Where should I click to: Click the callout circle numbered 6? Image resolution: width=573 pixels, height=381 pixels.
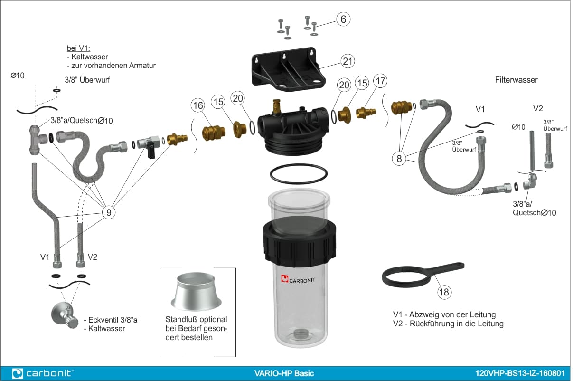343,19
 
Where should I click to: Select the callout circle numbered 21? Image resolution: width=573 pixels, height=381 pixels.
348,61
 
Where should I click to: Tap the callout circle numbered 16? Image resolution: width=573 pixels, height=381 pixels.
198,105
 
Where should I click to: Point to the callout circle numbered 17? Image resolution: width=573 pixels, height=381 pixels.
380,81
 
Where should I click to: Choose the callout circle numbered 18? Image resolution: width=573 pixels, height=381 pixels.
444,292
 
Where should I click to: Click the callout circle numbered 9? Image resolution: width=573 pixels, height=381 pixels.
109,212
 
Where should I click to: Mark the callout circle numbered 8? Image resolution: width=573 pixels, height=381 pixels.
399,159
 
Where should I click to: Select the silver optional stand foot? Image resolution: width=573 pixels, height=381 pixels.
196,292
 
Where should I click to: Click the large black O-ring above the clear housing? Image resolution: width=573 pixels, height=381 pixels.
299,174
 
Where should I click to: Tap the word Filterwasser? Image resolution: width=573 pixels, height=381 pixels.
516,80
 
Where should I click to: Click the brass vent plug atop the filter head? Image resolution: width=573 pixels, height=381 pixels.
276,107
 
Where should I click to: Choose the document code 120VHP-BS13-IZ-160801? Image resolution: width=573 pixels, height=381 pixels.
520,373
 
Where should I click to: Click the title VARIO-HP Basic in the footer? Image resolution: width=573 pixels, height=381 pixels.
284,373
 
